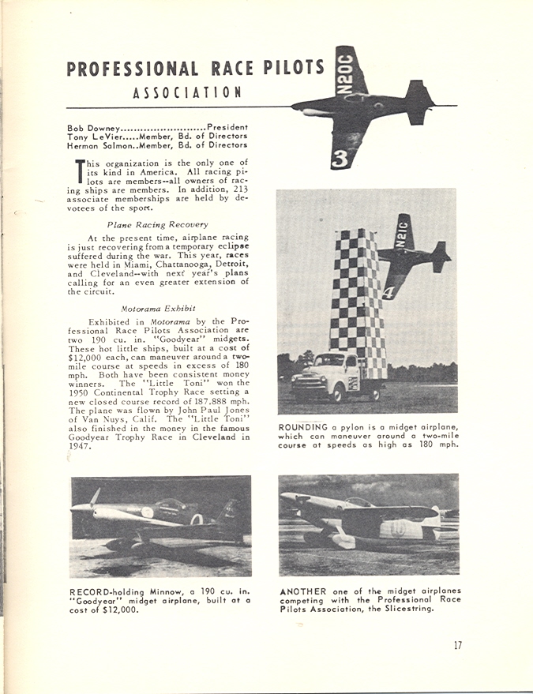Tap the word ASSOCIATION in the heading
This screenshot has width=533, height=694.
(x=187, y=92)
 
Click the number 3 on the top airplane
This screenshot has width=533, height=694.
(x=340, y=158)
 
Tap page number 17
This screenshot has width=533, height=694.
(x=458, y=645)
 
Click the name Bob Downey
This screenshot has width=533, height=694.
(x=94, y=126)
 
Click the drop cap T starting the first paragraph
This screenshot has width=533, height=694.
(x=78, y=171)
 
